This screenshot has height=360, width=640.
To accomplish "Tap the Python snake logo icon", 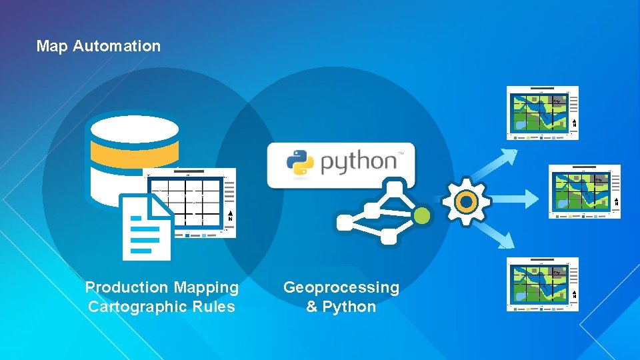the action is (x=300, y=163).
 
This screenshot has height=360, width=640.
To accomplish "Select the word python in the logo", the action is (x=358, y=163).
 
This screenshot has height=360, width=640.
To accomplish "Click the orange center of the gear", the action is (x=467, y=201).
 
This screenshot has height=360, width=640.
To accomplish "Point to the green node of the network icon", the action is (x=421, y=215).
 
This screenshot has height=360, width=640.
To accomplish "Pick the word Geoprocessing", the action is (x=341, y=288).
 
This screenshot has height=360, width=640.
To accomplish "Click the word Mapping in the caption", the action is (x=206, y=288).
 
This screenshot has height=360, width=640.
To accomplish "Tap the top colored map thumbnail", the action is (x=542, y=112).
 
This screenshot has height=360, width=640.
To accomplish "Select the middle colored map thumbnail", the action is (x=584, y=191).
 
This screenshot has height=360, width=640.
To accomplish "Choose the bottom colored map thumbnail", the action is (x=542, y=283).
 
